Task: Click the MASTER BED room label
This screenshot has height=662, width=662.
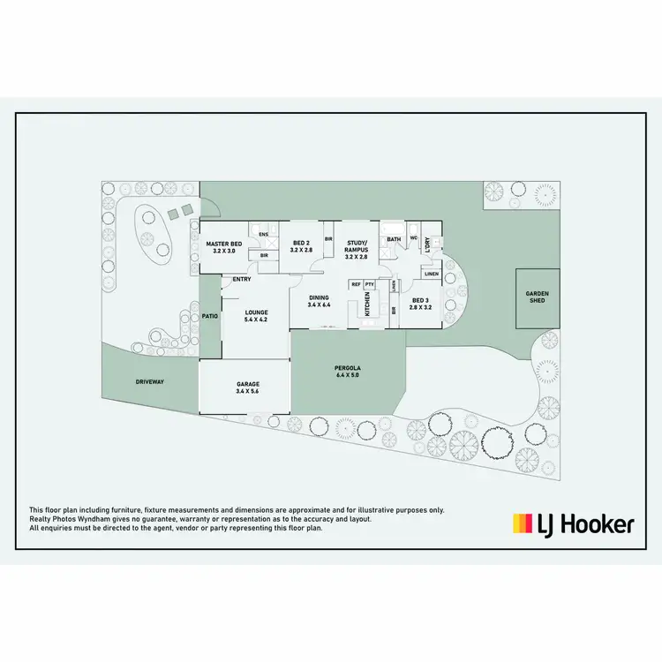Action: (223, 244)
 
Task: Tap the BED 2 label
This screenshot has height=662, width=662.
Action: (301, 244)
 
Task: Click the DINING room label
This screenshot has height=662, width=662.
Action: (319, 301)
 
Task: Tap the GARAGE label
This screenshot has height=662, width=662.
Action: (246, 385)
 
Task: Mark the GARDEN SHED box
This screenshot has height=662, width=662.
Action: (538, 297)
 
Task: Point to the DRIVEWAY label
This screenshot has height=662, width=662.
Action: (150, 382)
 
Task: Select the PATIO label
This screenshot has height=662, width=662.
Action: (209, 315)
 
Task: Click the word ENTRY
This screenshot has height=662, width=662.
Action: (242, 280)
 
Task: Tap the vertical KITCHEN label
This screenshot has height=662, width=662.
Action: (368, 305)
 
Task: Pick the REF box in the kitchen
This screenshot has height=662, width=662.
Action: (356, 284)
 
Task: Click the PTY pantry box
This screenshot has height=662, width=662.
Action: (370, 284)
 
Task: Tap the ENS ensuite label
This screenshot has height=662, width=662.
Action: (262, 235)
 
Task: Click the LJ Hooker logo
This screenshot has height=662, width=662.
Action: (573, 524)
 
